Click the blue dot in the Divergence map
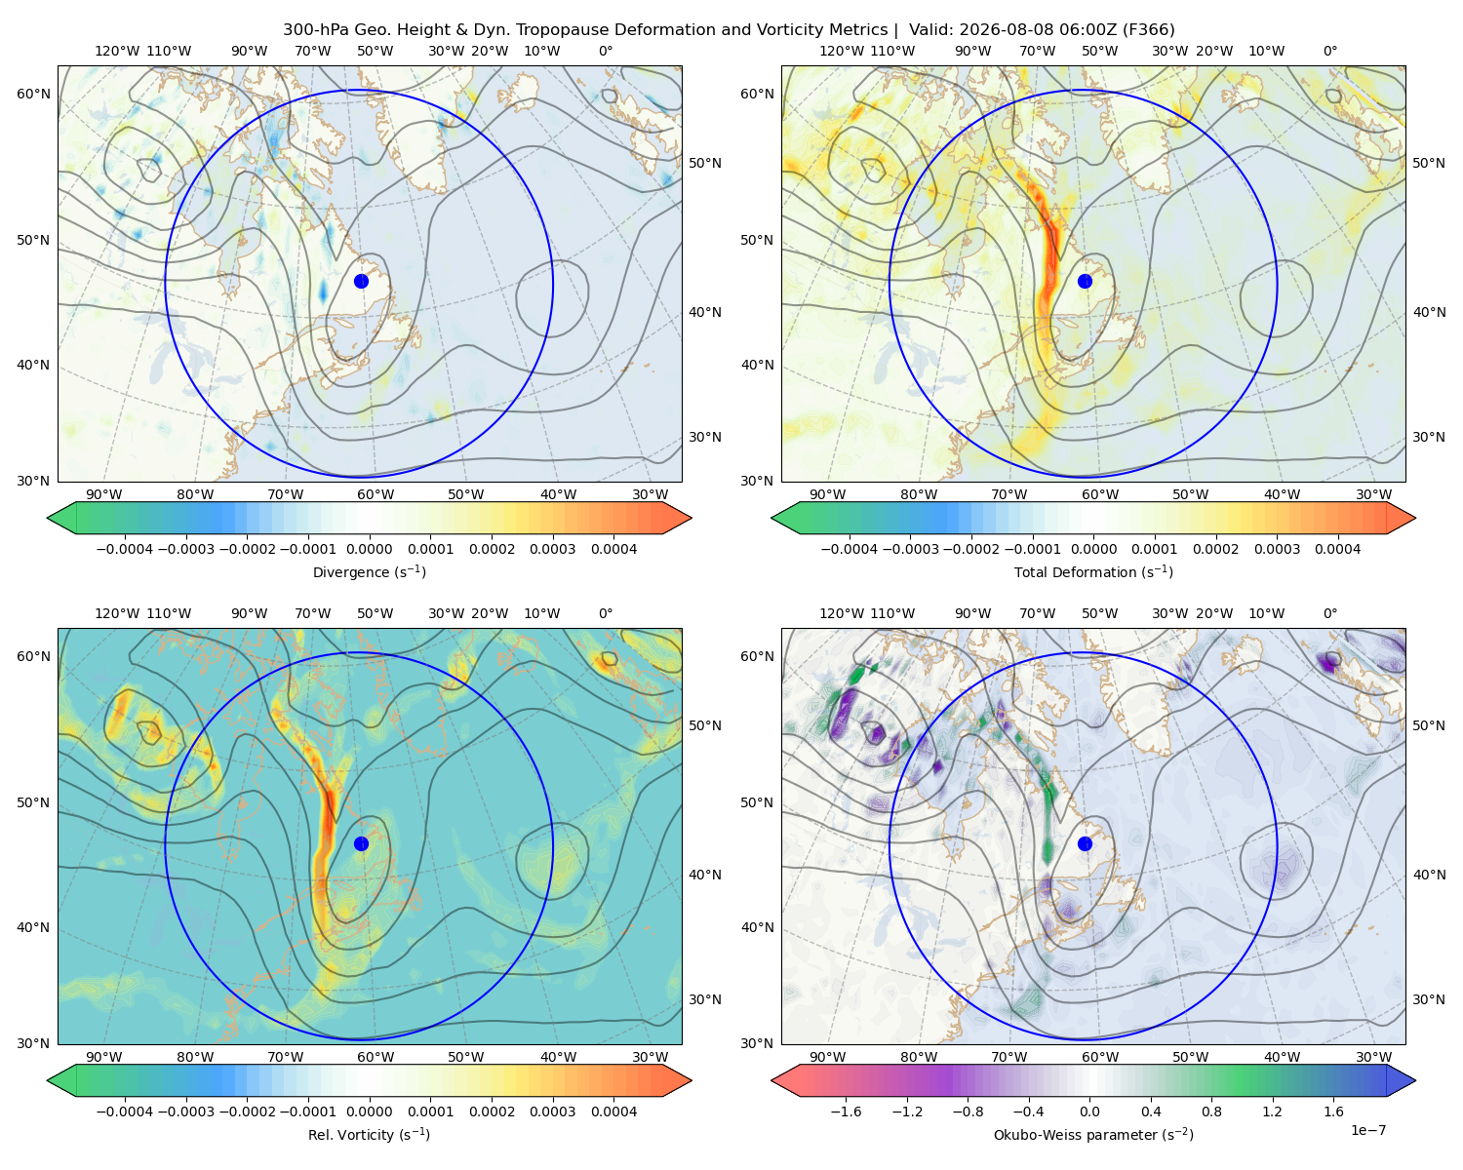pos(361,281)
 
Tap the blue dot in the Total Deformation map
pos(1085,281)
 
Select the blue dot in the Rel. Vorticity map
pos(361,843)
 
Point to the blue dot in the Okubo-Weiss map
pos(1085,843)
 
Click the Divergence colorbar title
pos(369,572)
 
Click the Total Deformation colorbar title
pos(1093,572)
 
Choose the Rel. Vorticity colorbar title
pos(369,1135)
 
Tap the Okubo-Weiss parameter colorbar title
pos(1093,1135)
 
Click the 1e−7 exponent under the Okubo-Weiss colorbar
pos(1367,1130)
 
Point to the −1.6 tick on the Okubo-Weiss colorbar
pos(846,1111)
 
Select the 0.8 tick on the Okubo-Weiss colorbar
pos(1211,1111)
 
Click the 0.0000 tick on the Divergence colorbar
pos(369,549)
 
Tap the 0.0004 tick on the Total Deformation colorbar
pos(1337,549)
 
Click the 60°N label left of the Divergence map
pos(33,94)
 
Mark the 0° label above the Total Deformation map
pos(1329,51)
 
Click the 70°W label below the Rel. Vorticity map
pos(285,1057)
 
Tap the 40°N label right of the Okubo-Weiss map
pos(1429,875)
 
